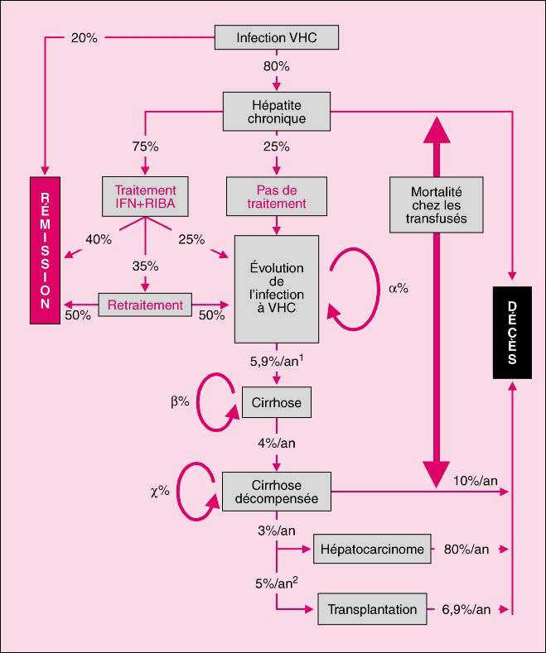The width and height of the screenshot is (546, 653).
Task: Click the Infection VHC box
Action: click(277, 38)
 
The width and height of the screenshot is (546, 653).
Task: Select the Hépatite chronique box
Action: click(277, 110)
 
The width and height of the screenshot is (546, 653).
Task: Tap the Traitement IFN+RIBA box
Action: click(145, 194)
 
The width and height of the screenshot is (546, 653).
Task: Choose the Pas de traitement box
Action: click(277, 194)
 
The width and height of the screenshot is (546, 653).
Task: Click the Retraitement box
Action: click(145, 305)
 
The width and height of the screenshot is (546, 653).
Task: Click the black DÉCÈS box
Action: click(512, 332)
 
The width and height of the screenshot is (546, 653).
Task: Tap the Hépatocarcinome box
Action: click(374, 549)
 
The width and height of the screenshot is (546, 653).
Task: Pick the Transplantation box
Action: click(372, 609)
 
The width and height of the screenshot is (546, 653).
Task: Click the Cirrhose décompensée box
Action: click(277, 492)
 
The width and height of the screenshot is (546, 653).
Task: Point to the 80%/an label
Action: click(466, 549)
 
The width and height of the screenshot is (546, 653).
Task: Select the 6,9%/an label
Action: click(465, 609)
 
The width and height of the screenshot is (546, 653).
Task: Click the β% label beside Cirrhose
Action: click(180, 401)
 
